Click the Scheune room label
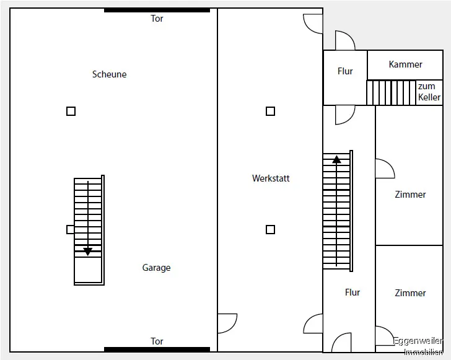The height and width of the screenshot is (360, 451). pos(109,74)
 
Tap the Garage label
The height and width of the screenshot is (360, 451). pos(156,268)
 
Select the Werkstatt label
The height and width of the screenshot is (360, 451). pos(271,178)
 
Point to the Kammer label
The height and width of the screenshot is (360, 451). pos(406,64)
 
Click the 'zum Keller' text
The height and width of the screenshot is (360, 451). pos(429,92)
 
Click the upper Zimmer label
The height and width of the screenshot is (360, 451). pos(410,195)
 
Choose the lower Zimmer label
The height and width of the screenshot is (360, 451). pos(410,292)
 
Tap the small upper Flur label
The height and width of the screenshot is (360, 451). pos(345,71)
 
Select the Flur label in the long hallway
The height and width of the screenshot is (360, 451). pos(352,292)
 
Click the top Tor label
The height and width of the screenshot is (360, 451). pos(157,19)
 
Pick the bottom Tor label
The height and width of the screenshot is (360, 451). pos(157,341)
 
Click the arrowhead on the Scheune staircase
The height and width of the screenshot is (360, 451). pos(88,251)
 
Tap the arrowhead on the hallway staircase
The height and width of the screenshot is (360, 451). pos(336,159)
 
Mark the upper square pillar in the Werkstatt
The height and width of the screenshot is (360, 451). pos(270,112)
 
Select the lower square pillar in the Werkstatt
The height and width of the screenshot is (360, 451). pos(270,230)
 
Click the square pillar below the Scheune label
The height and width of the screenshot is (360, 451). pos(71,112)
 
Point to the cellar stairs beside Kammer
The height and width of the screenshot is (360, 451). pos(391,93)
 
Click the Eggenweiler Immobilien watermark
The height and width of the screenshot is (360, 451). pos(418,346)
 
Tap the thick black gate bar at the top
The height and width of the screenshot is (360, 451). pos(157,10)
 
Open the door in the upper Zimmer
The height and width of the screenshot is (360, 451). pos(383,169)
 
